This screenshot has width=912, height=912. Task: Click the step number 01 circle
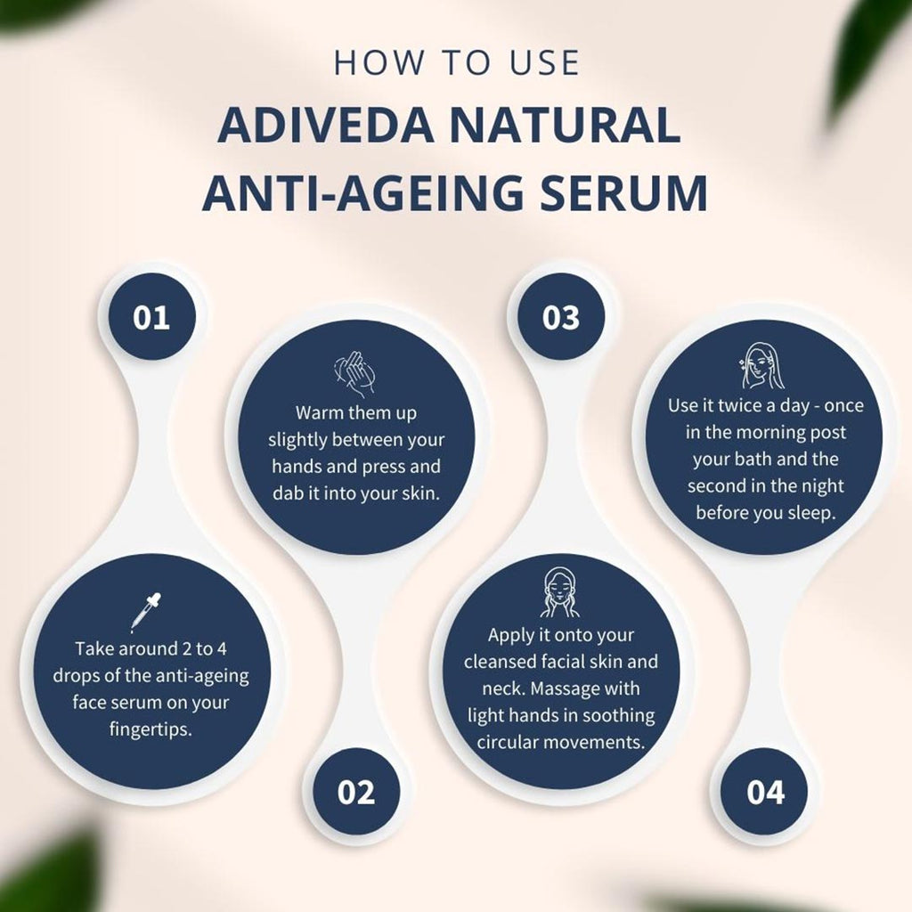pyautogui.click(x=151, y=317)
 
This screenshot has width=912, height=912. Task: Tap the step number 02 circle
pyautogui.click(x=356, y=792)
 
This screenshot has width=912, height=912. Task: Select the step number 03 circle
pyautogui.click(x=561, y=317)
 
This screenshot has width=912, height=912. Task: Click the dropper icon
pyautogui.click(x=145, y=611)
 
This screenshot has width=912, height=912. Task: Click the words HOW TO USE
pyautogui.click(x=456, y=63)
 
